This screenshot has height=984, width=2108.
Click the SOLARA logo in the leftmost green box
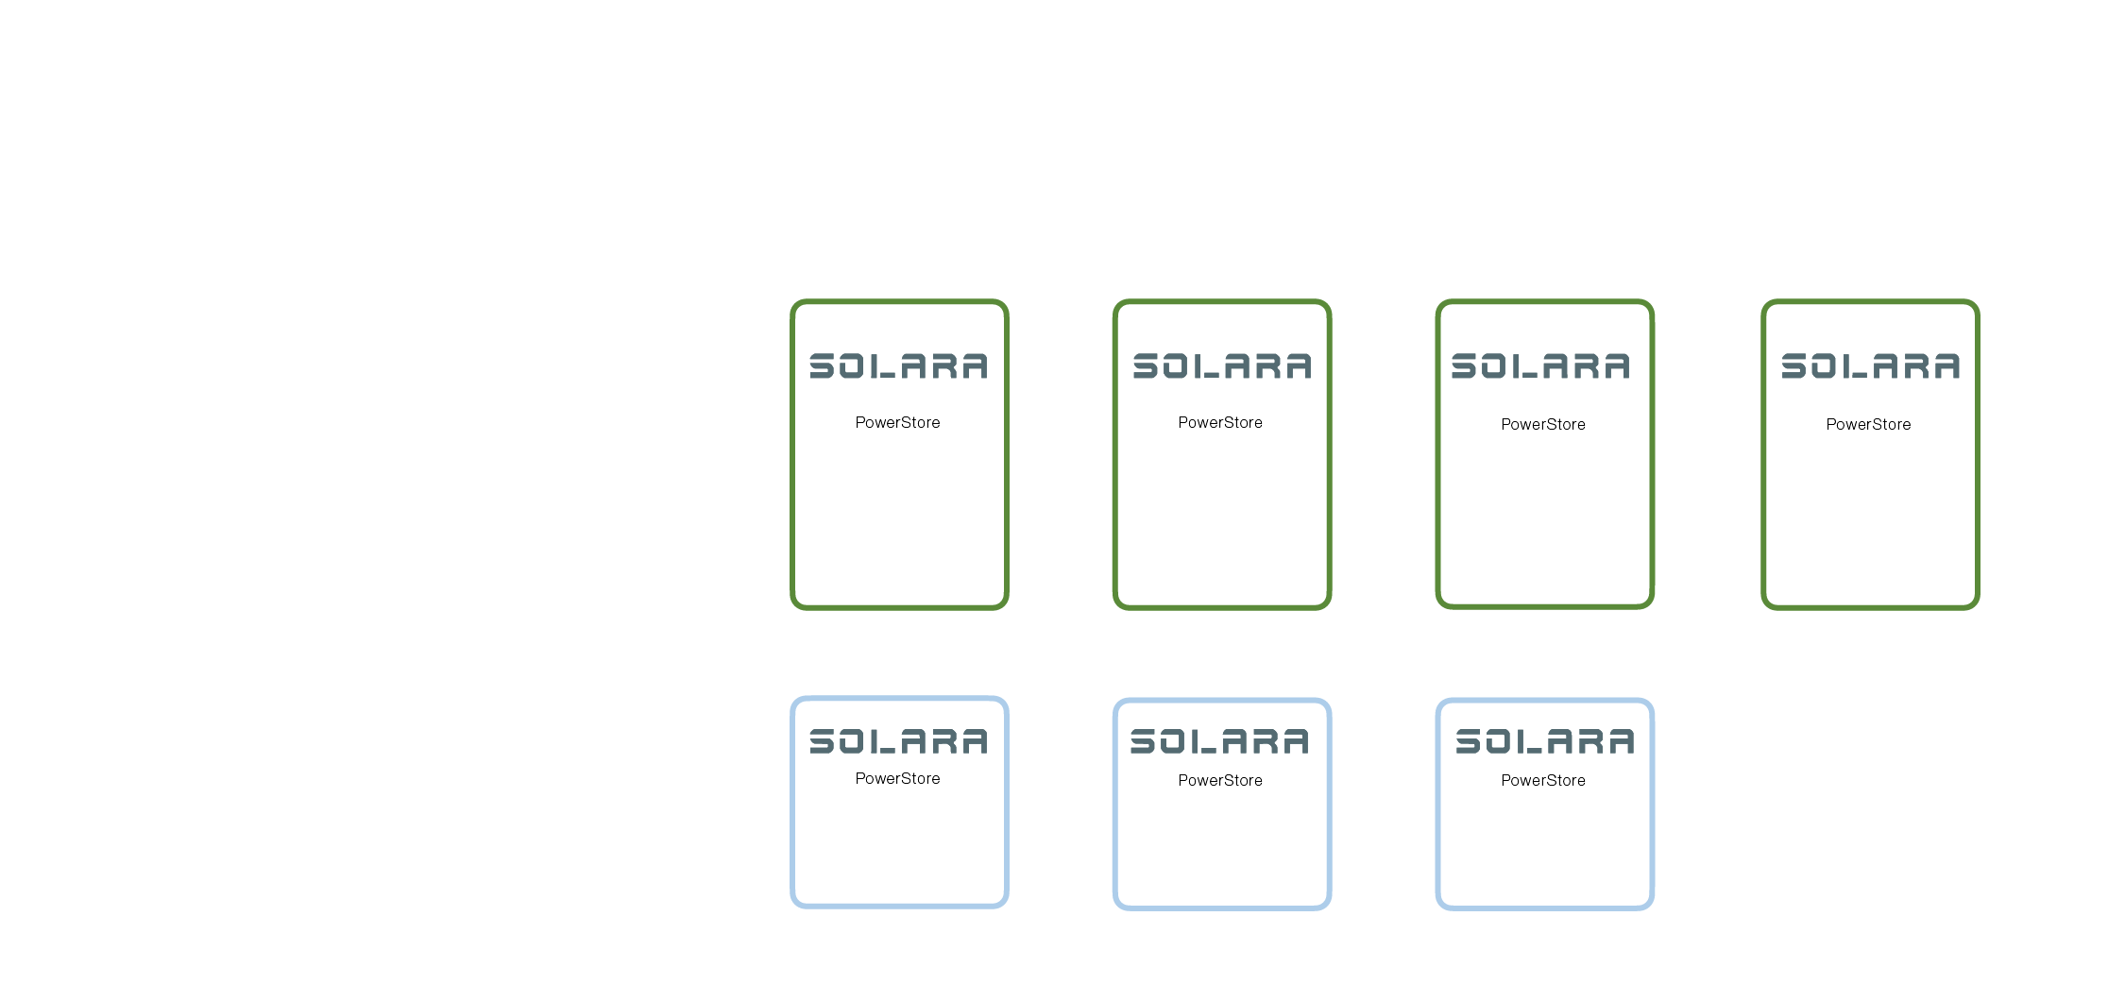point(898,365)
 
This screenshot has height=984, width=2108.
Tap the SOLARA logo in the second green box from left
point(1222,365)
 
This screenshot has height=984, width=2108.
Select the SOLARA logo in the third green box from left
point(1540,365)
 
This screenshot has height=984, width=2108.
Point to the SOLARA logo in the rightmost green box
point(1870,365)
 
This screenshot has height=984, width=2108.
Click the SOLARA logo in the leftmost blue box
point(898,741)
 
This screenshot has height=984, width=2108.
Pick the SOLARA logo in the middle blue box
point(1219,741)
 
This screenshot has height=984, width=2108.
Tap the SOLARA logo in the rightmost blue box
point(1544,741)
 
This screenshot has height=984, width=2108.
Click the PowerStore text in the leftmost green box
point(897,422)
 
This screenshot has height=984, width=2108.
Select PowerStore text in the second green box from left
point(1220,422)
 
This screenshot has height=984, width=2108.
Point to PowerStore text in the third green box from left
point(1543,424)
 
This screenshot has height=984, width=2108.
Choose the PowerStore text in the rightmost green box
point(1868,424)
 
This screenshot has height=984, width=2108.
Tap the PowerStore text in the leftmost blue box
point(897,778)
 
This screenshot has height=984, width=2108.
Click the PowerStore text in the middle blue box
point(1220,780)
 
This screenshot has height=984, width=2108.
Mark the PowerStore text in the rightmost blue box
point(1543,780)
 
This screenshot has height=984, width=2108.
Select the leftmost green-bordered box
point(899,519)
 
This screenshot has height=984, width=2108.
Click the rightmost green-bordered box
point(1870,519)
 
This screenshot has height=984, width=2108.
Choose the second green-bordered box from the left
point(1222,519)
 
